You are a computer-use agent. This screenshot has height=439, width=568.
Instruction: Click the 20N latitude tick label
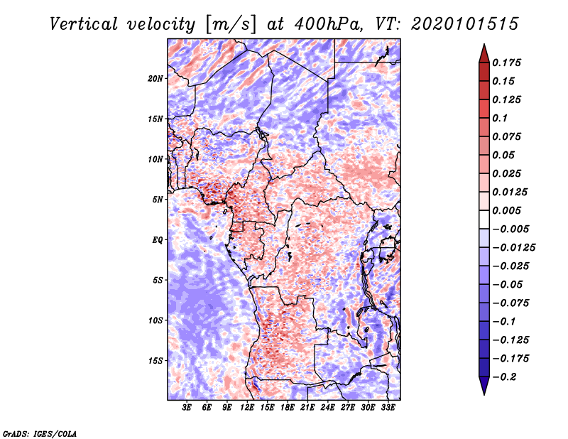pos(155,78)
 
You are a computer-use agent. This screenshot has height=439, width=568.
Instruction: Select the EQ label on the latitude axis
pos(158,239)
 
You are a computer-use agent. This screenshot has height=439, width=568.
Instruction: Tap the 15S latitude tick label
pos(155,361)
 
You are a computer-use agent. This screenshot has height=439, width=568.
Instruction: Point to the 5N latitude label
pos(158,200)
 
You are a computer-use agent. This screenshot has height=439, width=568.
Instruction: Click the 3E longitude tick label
pos(187,407)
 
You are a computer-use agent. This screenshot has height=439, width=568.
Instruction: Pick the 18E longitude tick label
pos(288,407)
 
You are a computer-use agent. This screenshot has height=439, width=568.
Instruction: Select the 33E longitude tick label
pos(388,407)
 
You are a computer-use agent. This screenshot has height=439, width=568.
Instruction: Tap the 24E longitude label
pos(327,407)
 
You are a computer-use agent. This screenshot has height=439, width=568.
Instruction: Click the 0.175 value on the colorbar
pos(506,63)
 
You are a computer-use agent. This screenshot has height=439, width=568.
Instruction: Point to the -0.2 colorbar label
pos(504,377)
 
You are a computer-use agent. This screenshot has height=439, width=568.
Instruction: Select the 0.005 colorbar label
pos(506,210)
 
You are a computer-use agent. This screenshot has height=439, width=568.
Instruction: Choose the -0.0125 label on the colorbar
pos(513,248)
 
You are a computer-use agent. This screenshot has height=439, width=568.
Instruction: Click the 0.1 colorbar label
pos(500,118)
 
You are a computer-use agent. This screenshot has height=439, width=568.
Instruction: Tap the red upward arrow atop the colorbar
pos(484,53)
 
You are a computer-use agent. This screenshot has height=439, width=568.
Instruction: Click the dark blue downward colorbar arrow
pos(484,386)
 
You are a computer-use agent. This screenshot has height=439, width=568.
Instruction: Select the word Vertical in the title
pos(84,24)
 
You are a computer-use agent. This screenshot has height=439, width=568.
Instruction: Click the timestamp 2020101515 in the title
pos(465,24)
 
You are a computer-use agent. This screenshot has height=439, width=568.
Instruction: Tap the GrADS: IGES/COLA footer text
pos(40,433)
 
